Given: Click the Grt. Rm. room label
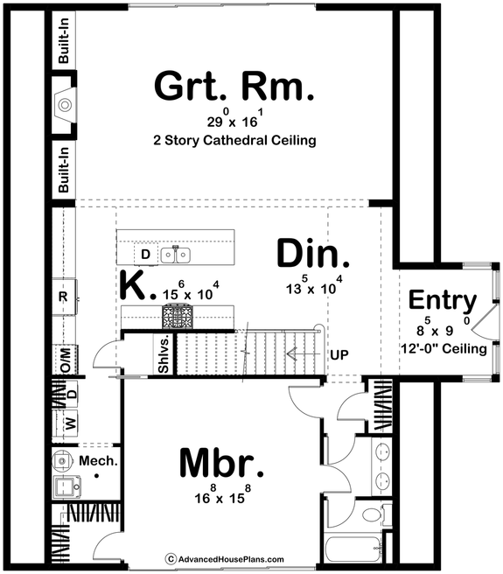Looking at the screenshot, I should [x=234, y=88].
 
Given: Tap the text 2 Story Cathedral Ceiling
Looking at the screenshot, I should [x=234, y=140].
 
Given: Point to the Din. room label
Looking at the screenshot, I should [x=313, y=254].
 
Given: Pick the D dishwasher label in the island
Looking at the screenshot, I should [x=146, y=255].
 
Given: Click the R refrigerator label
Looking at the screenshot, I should [x=63, y=296].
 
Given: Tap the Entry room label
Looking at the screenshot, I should [x=443, y=301].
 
